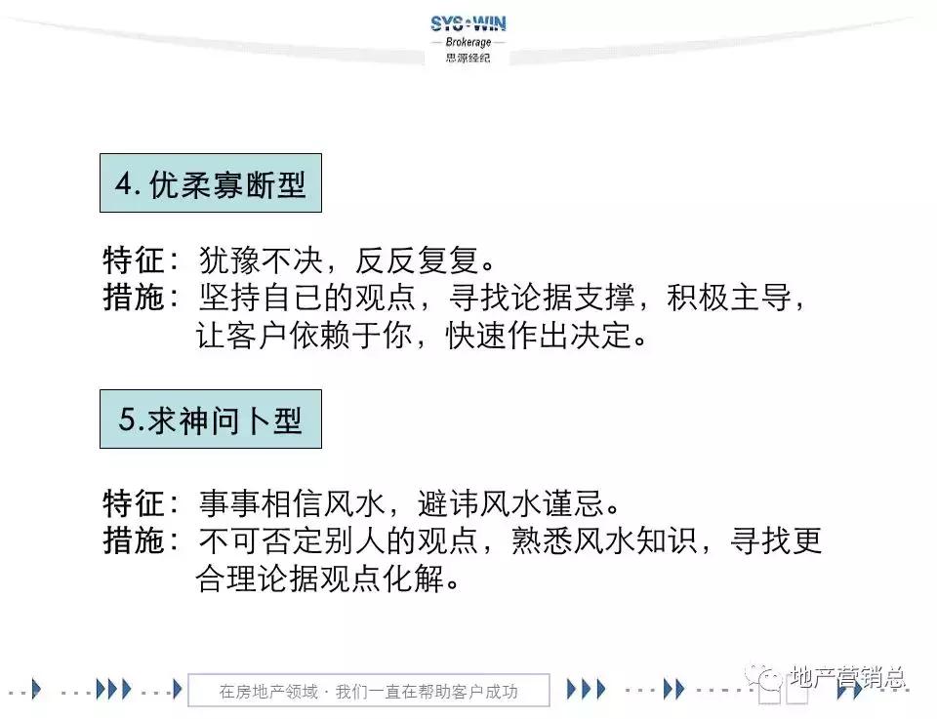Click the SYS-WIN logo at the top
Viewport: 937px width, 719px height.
tap(468, 23)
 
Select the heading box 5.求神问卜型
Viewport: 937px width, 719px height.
tap(211, 419)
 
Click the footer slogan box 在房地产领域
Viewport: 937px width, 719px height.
tap(368, 691)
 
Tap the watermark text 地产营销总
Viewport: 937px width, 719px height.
tap(846, 677)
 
